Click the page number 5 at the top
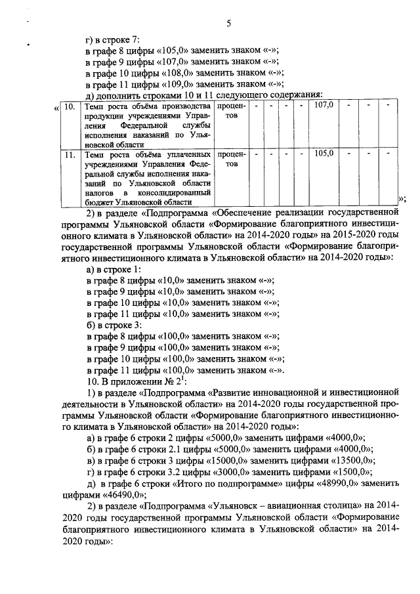click(x=229, y=24)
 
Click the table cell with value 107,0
click(x=325, y=105)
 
